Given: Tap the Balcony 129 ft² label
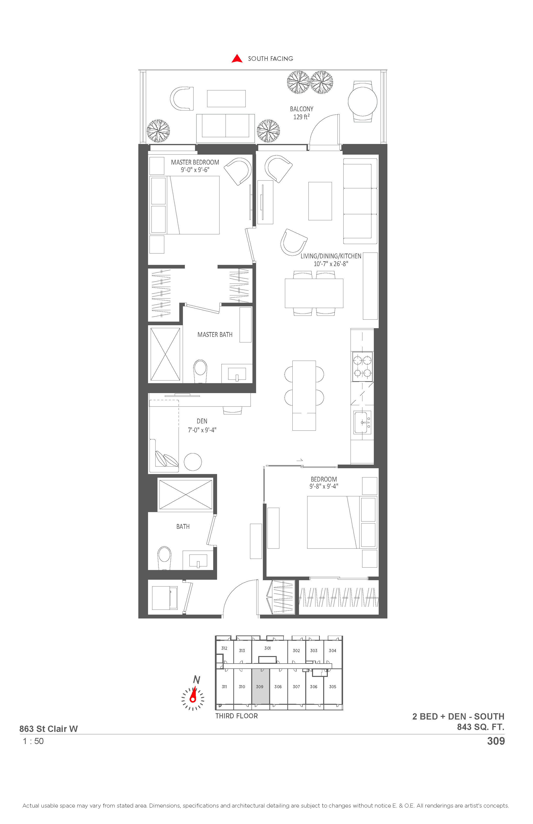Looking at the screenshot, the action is pyautogui.click(x=301, y=113).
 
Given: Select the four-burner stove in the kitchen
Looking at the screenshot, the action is pyautogui.click(x=362, y=367).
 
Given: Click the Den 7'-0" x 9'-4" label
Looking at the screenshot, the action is pyautogui.click(x=202, y=426).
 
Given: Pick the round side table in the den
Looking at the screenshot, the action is pyautogui.click(x=193, y=462).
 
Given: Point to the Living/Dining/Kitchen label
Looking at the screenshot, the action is pyautogui.click(x=331, y=260).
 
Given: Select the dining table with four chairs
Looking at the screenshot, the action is pyautogui.click(x=314, y=293).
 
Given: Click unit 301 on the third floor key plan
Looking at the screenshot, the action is pyautogui.click(x=267, y=648).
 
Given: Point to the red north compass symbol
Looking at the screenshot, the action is pyautogui.click(x=193, y=694).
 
